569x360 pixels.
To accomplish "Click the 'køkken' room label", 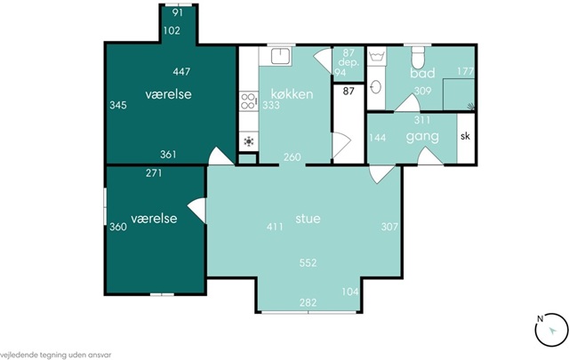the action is coord(292,94).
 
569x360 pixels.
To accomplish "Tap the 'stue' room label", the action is coord(308,219).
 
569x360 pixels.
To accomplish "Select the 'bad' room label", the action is coord(422,73).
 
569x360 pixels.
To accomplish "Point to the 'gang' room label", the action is coord(422,137).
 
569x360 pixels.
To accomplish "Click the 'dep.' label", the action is coord(349,62).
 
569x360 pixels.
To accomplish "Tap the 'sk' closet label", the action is coord(465,136).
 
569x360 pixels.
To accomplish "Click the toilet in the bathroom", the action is coord(418,58).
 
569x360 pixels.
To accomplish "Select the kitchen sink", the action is coord(280,56).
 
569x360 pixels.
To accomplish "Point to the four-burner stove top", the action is coord(249,101).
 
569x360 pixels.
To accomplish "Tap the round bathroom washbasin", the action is coord(376,87).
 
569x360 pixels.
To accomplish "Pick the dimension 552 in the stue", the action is coord(308,263).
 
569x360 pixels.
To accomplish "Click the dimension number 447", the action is coord(181,71).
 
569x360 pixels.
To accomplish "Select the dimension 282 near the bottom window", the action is coord(308,302).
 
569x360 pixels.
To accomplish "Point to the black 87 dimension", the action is coord(349,91).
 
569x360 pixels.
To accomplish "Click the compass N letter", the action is coord(540,319).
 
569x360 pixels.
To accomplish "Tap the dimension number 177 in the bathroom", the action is coord(465,71).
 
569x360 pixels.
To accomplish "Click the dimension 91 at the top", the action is coord(178,12).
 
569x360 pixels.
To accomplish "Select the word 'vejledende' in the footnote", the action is coord(16,356).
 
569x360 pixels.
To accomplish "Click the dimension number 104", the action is coord(350,292).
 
